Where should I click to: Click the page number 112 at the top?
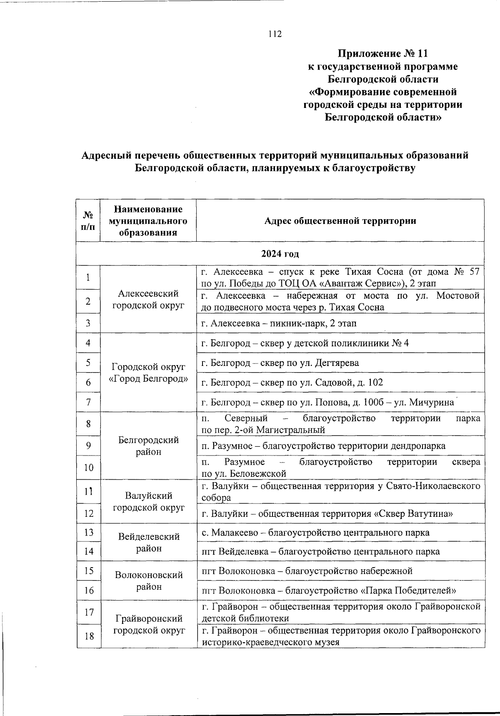point(275,34)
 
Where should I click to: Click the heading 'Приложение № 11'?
point(382,54)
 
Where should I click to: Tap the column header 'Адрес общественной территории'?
point(340,221)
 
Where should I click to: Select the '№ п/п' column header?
point(88,220)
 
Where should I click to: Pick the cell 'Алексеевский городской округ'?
point(148,299)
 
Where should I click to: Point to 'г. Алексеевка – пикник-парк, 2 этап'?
point(279,323)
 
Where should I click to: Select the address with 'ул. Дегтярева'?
point(280,363)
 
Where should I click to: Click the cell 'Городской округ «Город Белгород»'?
point(148,373)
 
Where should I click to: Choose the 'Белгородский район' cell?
point(148,446)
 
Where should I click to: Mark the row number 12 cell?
point(88,513)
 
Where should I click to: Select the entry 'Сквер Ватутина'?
point(327,514)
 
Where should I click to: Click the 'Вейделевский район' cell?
point(148,542)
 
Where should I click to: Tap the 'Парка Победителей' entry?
point(329,591)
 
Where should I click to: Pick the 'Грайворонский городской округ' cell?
point(148,624)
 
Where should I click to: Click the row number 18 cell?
point(88,636)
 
